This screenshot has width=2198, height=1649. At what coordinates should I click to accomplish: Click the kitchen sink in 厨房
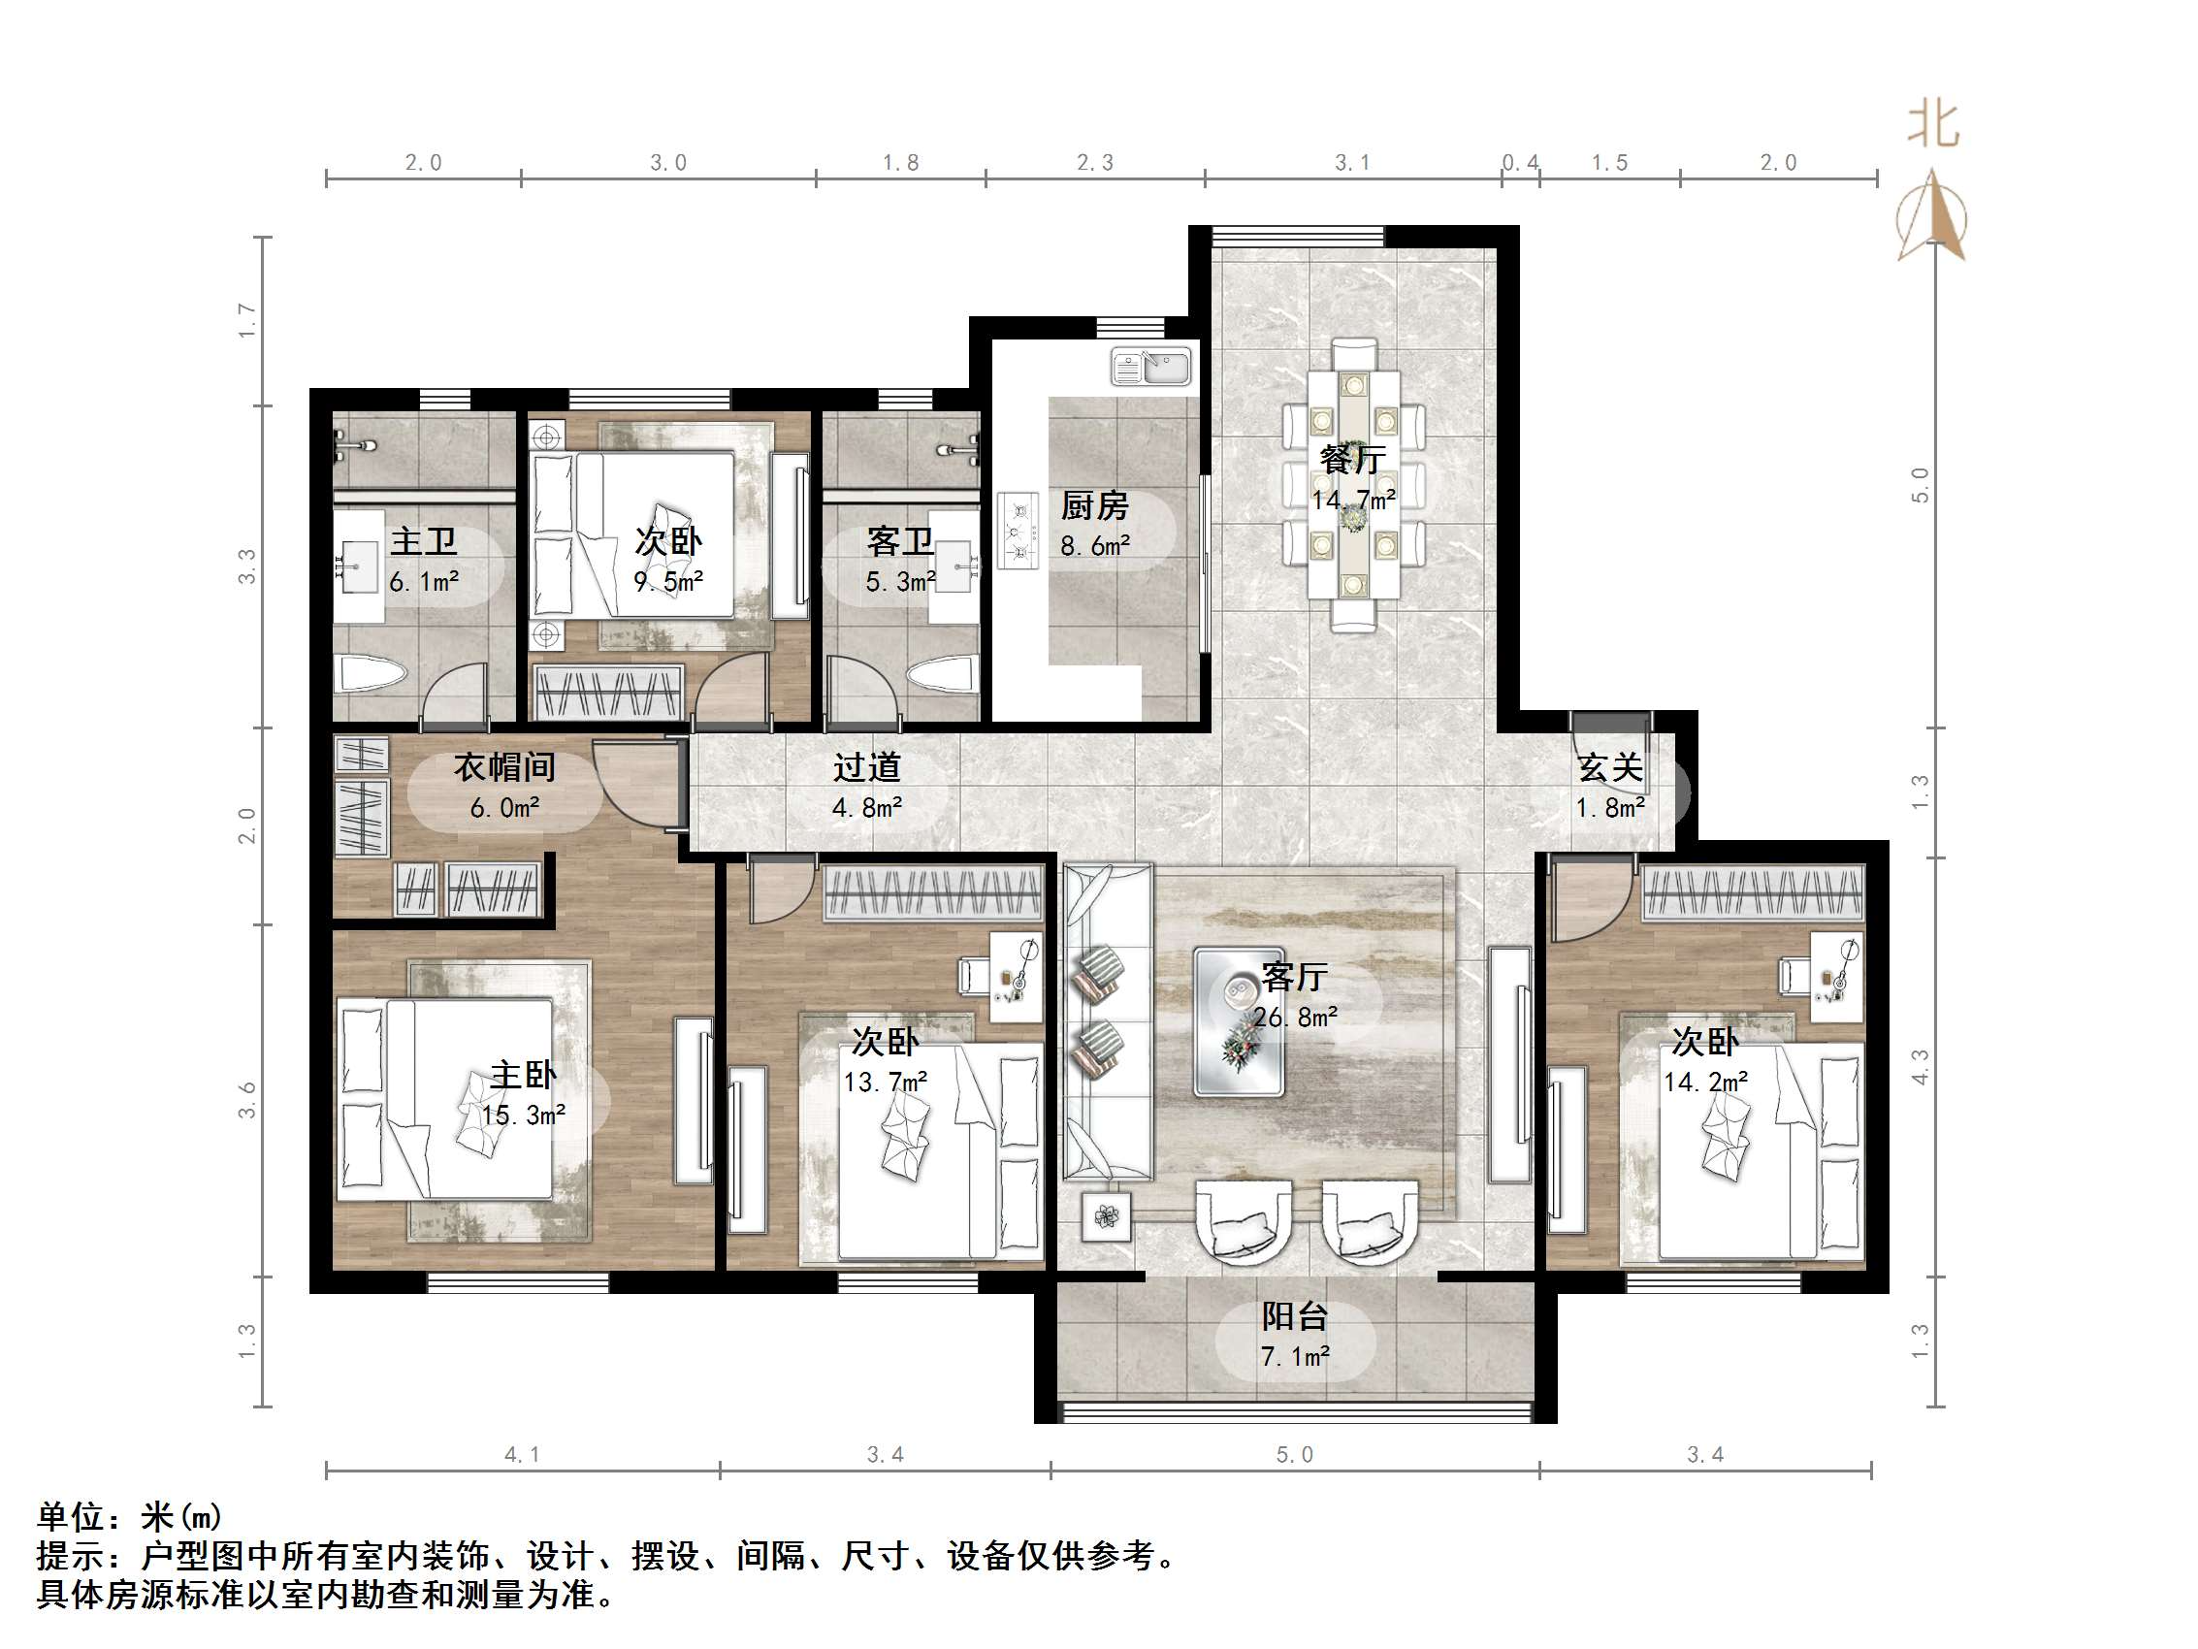[x=1149, y=367]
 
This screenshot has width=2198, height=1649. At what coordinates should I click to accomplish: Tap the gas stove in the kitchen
[x=1018, y=532]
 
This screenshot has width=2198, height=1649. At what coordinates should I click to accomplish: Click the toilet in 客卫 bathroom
[x=940, y=675]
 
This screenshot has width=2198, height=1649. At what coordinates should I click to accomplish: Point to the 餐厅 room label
[x=1351, y=459]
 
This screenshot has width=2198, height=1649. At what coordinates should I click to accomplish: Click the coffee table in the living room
[x=1238, y=1020]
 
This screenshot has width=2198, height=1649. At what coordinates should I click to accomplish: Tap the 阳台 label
[x=1294, y=1317]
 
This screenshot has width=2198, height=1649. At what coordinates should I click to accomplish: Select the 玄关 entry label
[x=1610, y=767]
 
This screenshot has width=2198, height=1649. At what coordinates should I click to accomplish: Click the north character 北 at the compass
[x=1932, y=126]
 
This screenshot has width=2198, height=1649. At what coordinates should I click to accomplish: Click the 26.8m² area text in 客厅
[x=1295, y=1017]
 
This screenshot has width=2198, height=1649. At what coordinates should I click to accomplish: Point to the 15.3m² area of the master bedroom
[x=524, y=1115]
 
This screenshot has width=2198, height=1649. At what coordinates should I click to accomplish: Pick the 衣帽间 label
[x=503, y=767]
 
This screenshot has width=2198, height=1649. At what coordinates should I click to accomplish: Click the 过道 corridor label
[x=866, y=767]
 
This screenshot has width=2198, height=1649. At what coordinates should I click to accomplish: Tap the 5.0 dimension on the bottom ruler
[x=1294, y=1455]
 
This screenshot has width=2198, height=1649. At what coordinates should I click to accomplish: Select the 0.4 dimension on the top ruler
[x=1519, y=163]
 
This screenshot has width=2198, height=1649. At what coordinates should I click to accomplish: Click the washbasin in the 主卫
[x=358, y=566]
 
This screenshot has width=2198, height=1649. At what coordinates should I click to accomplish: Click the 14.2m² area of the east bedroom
[x=1705, y=1082]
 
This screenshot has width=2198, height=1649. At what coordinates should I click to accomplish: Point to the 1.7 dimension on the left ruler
[x=246, y=321]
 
